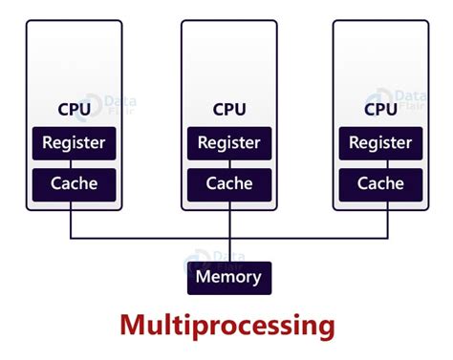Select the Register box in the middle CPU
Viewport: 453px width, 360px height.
point(228,144)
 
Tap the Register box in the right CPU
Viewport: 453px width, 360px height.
point(379,144)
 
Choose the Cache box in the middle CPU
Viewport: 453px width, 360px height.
point(228,183)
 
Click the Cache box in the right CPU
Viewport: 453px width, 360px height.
point(379,183)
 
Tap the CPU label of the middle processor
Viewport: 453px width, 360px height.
point(228,110)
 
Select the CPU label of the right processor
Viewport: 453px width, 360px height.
point(379,110)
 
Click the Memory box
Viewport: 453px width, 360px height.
point(228,278)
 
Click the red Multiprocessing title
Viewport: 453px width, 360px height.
point(227,326)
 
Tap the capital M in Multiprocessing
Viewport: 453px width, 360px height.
point(133,325)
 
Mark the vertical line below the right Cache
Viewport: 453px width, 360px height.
point(387,220)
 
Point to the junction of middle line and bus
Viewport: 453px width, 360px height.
point(229,238)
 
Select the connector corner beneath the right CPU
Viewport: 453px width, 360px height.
point(387,238)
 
